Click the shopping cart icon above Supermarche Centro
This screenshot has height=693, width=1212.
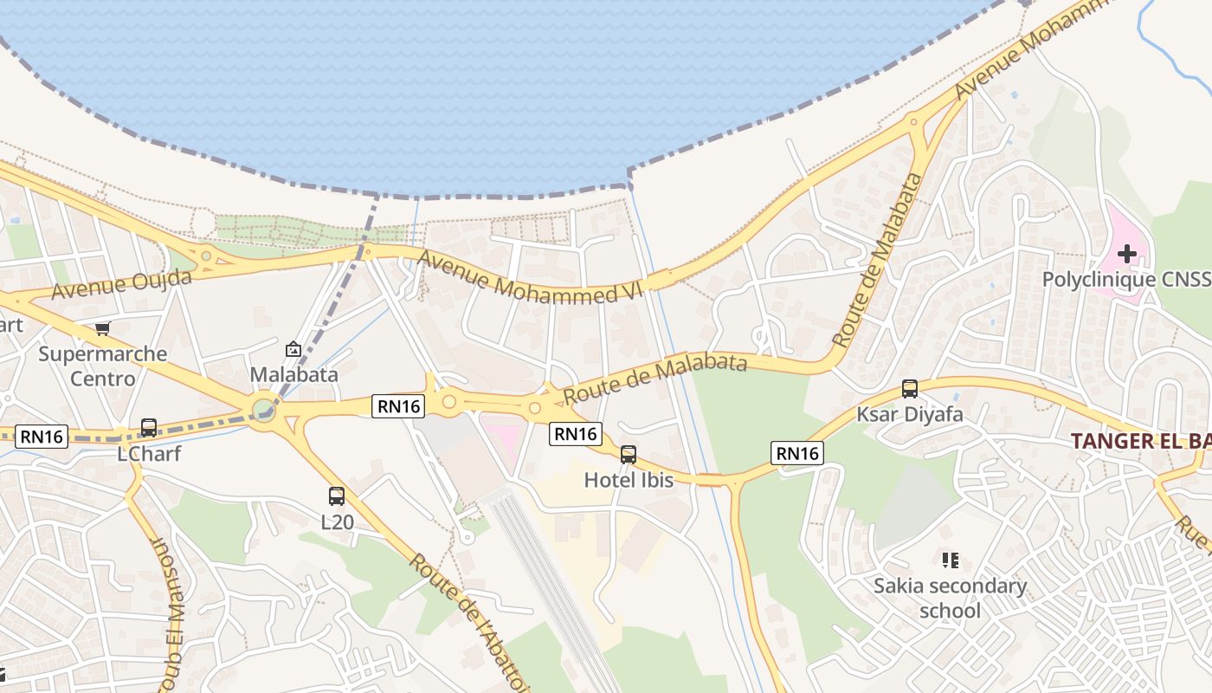[x=103, y=328]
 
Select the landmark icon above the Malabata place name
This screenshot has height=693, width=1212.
[x=293, y=350]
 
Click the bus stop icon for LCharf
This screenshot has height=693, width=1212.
[x=149, y=428]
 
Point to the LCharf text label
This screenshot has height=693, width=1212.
[x=149, y=453]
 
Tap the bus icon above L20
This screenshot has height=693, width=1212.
[x=337, y=496]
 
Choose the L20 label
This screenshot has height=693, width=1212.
[x=337, y=522]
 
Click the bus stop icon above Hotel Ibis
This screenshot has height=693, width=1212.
[x=629, y=454]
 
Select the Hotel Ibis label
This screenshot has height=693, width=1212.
[x=629, y=480]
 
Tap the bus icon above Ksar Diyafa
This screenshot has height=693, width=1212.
[x=910, y=389]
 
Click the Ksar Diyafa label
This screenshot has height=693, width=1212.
[x=909, y=414]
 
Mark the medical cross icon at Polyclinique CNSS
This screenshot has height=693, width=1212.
[x=1126, y=254]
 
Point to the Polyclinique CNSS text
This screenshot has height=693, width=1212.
[x=1125, y=280]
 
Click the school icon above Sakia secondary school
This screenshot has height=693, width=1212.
[x=951, y=560]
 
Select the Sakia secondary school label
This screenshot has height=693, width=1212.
[x=950, y=598]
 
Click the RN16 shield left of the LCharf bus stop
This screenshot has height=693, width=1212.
[x=42, y=437]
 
